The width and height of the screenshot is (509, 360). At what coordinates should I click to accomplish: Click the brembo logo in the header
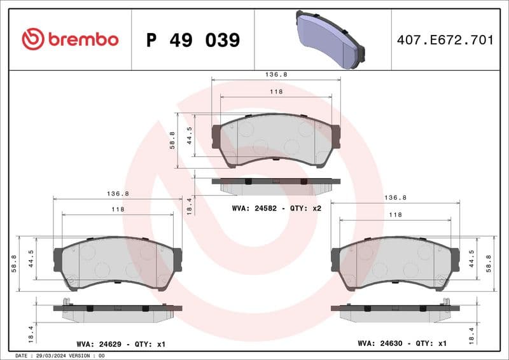pyautogui.click(x=70, y=39)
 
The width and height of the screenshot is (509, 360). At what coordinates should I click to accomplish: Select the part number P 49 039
pyautogui.click(x=193, y=40)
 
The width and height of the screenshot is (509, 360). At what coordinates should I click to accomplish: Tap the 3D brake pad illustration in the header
pyautogui.click(x=330, y=39)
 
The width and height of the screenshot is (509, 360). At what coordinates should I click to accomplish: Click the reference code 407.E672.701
pyautogui.click(x=445, y=40)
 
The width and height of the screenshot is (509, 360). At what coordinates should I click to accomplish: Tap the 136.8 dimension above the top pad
pyautogui.click(x=276, y=74)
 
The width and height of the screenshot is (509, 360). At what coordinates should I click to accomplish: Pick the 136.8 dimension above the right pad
pyautogui.click(x=395, y=198)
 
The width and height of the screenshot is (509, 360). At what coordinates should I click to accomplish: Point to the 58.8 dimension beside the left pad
pyautogui.click(x=14, y=263)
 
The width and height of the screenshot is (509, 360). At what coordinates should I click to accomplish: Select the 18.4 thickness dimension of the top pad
pyautogui.click(x=188, y=205)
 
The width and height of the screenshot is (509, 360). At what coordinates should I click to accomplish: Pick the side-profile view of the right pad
pyautogui.click(x=394, y=312)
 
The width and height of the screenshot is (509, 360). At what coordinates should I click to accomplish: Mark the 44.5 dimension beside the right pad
pyautogui.click(x=472, y=261)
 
